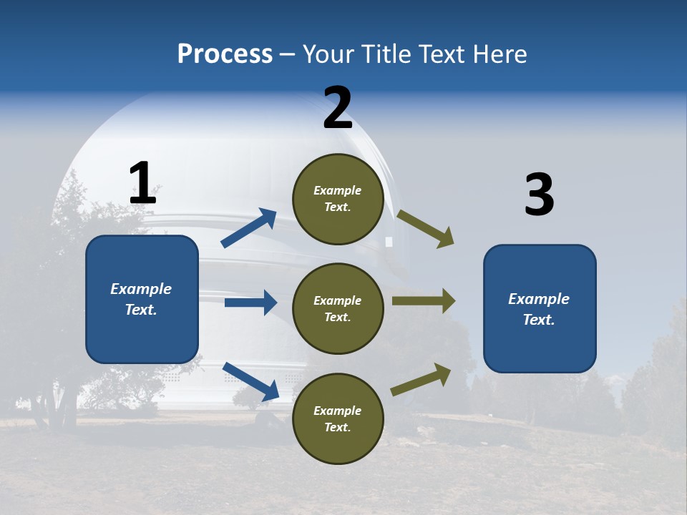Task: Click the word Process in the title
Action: click(x=225, y=54)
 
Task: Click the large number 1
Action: click(x=142, y=183)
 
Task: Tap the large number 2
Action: click(x=338, y=108)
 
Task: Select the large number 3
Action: click(x=539, y=195)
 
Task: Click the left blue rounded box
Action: click(x=142, y=299)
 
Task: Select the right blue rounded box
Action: click(x=540, y=309)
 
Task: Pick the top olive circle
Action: click(x=338, y=199)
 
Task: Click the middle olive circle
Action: click(x=338, y=308)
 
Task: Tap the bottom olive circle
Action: click(x=338, y=418)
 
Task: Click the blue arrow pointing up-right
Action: click(x=249, y=228)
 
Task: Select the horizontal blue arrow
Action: click(x=250, y=303)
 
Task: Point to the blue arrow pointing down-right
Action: click(x=251, y=381)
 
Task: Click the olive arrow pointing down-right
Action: click(x=425, y=229)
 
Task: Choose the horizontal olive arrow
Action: click(x=423, y=301)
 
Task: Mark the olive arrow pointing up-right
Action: click(x=421, y=380)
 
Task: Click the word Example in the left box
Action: click(x=141, y=289)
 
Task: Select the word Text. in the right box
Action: click(x=539, y=320)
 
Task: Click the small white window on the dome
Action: click(x=389, y=242)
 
